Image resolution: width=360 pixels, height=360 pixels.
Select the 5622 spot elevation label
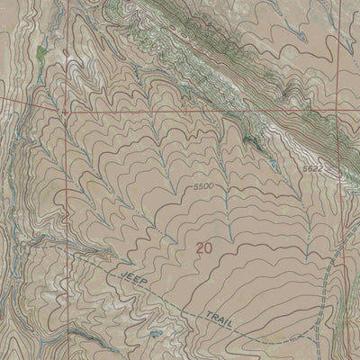click(x=312, y=168)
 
